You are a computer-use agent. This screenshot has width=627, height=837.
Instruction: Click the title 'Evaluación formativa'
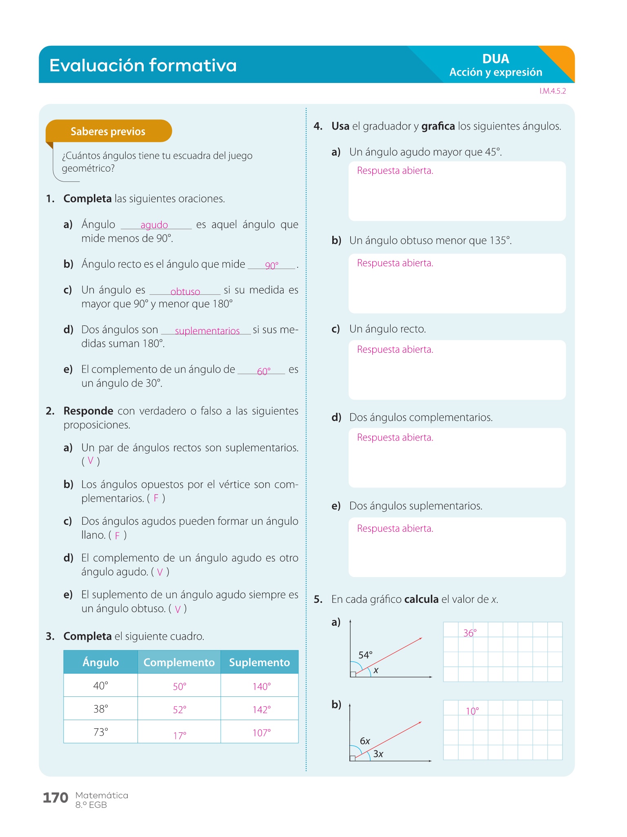tap(143, 65)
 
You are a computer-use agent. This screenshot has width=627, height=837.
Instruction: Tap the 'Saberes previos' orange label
tap(108, 131)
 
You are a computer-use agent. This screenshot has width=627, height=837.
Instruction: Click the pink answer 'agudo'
tap(154, 225)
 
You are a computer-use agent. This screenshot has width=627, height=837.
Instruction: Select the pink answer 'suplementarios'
tap(207, 331)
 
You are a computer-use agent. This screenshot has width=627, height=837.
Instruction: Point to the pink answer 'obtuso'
tap(185, 291)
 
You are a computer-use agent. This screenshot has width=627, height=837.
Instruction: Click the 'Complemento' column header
tap(179, 662)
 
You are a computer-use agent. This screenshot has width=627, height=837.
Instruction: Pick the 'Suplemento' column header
tap(259, 662)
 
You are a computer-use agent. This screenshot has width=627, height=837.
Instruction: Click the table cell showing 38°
tap(101, 709)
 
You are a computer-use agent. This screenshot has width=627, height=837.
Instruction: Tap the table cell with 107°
tap(261, 733)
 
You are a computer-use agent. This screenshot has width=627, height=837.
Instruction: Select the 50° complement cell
tap(179, 686)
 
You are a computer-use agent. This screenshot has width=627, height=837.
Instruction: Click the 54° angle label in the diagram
tap(365, 655)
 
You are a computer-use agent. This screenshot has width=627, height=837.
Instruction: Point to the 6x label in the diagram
tap(365, 741)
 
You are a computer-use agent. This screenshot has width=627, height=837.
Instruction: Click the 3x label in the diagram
tap(378, 754)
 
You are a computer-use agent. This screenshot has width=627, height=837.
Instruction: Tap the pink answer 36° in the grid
tap(470, 633)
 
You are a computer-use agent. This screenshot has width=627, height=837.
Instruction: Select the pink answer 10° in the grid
tap(472, 711)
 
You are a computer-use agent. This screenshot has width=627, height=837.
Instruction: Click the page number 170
tap(56, 798)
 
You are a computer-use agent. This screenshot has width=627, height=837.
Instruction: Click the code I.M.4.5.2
tap(552, 91)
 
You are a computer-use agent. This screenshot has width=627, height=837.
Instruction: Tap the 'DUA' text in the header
tap(496, 59)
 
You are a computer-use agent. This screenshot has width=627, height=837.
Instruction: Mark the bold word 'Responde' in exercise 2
tap(88, 411)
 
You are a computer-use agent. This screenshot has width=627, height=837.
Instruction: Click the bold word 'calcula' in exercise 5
tap(421, 599)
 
